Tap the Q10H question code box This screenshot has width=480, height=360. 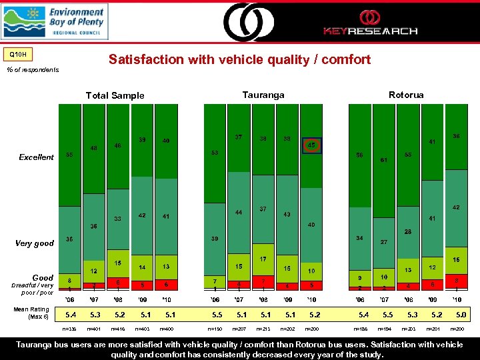click(x=18, y=53)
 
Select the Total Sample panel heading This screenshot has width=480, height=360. click(x=115, y=95)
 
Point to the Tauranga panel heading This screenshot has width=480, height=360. click(x=263, y=95)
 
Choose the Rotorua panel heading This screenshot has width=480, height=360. click(x=406, y=95)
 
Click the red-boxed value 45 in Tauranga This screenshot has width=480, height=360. click(x=311, y=145)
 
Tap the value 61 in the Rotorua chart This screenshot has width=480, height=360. click(x=384, y=160)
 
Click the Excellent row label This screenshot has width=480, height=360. click(x=37, y=157)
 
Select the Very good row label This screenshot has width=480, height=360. click(x=35, y=243)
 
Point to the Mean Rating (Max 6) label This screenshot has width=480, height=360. click(x=31, y=313)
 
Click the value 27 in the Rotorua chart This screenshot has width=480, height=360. click(x=384, y=241)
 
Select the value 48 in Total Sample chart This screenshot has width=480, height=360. click(x=93, y=149)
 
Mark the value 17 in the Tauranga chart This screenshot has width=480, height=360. click(x=263, y=259)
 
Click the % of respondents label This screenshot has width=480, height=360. click(x=33, y=69)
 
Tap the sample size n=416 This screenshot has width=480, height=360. click(x=117, y=329)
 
